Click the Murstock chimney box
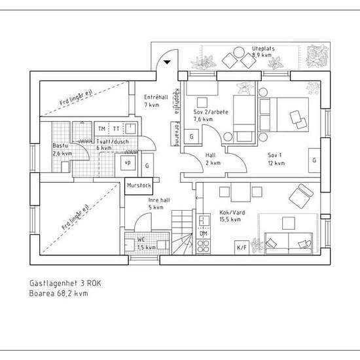[x=139, y=186]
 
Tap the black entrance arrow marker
[x=167, y=62]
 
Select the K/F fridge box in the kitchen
[x=242, y=247]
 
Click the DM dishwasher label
[x=204, y=234]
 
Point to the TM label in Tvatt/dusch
[x=101, y=129]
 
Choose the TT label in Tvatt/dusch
[x=116, y=129]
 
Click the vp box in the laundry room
[x=128, y=163]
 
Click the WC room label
[x=141, y=240]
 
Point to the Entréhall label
[x=156, y=98]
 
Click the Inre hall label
[x=159, y=200]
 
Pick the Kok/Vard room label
[x=232, y=213]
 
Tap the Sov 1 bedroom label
[x=275, y=155]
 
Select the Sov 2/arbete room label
[x=211, y=113]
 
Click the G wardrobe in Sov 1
[x=314, y=160]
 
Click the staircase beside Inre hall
[x=182, y=232]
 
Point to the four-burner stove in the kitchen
[x=204, y=246]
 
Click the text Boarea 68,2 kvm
[x=58, y=293]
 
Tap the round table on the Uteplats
[x=239, y=52]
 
